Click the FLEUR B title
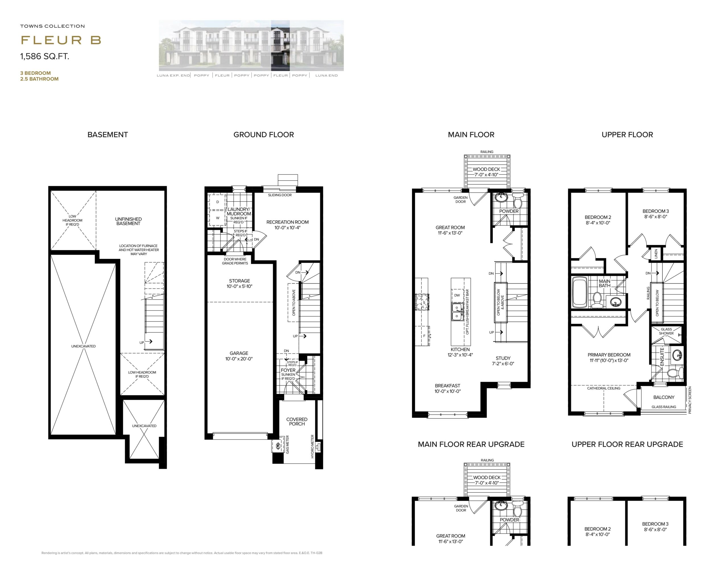click(x=61, y=40)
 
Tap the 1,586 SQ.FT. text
click(x=45, y=56)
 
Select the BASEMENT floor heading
click(x=108, y=134)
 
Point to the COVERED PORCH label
click(x=297, y=421)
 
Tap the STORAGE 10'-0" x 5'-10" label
click(x=239, y=283)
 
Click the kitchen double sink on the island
click(x=457, y=312)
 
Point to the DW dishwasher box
click(x=457, y=295)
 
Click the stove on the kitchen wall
click(x=422, y=302)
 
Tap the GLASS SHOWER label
click(x=666, y=331)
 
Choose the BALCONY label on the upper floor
click(x=664, y=397)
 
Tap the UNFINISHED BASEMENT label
click(x=128, y=221)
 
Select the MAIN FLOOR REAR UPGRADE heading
click(x=471, y=444)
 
